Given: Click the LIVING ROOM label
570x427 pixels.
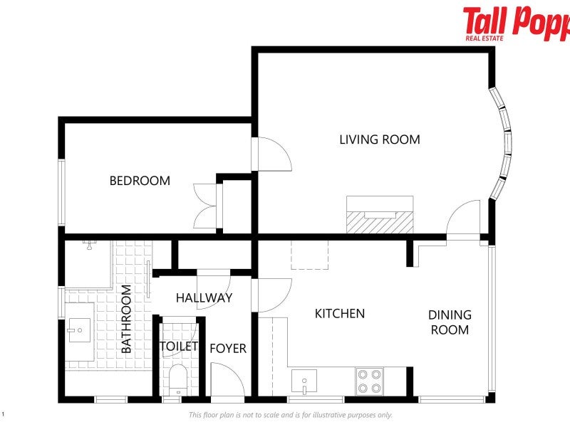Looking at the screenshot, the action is [x=380, y=139].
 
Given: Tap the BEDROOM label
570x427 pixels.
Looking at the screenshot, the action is [x=140, y=181].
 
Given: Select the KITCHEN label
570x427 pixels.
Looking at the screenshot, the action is [x=340, y=313].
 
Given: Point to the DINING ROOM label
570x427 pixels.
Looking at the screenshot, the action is [x=450, y=322].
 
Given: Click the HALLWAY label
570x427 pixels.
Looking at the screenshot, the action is [x=204, y=297].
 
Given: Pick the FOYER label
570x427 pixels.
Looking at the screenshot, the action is [x=228, y=348].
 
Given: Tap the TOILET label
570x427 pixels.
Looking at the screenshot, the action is [x=179, y=346].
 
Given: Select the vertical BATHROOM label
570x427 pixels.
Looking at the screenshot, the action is [x=126, y=319].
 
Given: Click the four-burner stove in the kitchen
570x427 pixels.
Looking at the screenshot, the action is [x=369, y=381].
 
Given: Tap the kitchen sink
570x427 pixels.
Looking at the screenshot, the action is [x=304, y=381].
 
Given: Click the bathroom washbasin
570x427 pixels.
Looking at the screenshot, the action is [x=79, y=330].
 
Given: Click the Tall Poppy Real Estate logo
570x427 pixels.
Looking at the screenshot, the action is [x=516, y=23].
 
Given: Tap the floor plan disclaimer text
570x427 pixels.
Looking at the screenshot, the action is [x=291, y=415].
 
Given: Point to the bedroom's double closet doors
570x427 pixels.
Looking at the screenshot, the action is [x=206, y=206].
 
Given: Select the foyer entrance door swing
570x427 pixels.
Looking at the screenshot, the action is [x=227, y=379].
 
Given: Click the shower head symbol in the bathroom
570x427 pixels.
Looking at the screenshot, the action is [x=89, y=244].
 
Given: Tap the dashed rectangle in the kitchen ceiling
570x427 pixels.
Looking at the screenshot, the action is [x=309, y=255].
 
